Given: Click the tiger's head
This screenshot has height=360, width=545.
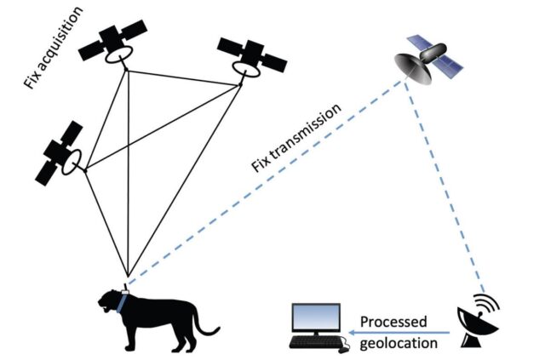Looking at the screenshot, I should click(x=110, y=300).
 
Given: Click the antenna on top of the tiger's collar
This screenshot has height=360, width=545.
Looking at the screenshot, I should click(x=126, y=287).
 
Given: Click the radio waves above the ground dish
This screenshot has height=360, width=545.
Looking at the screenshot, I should click(x=487, y=305).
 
